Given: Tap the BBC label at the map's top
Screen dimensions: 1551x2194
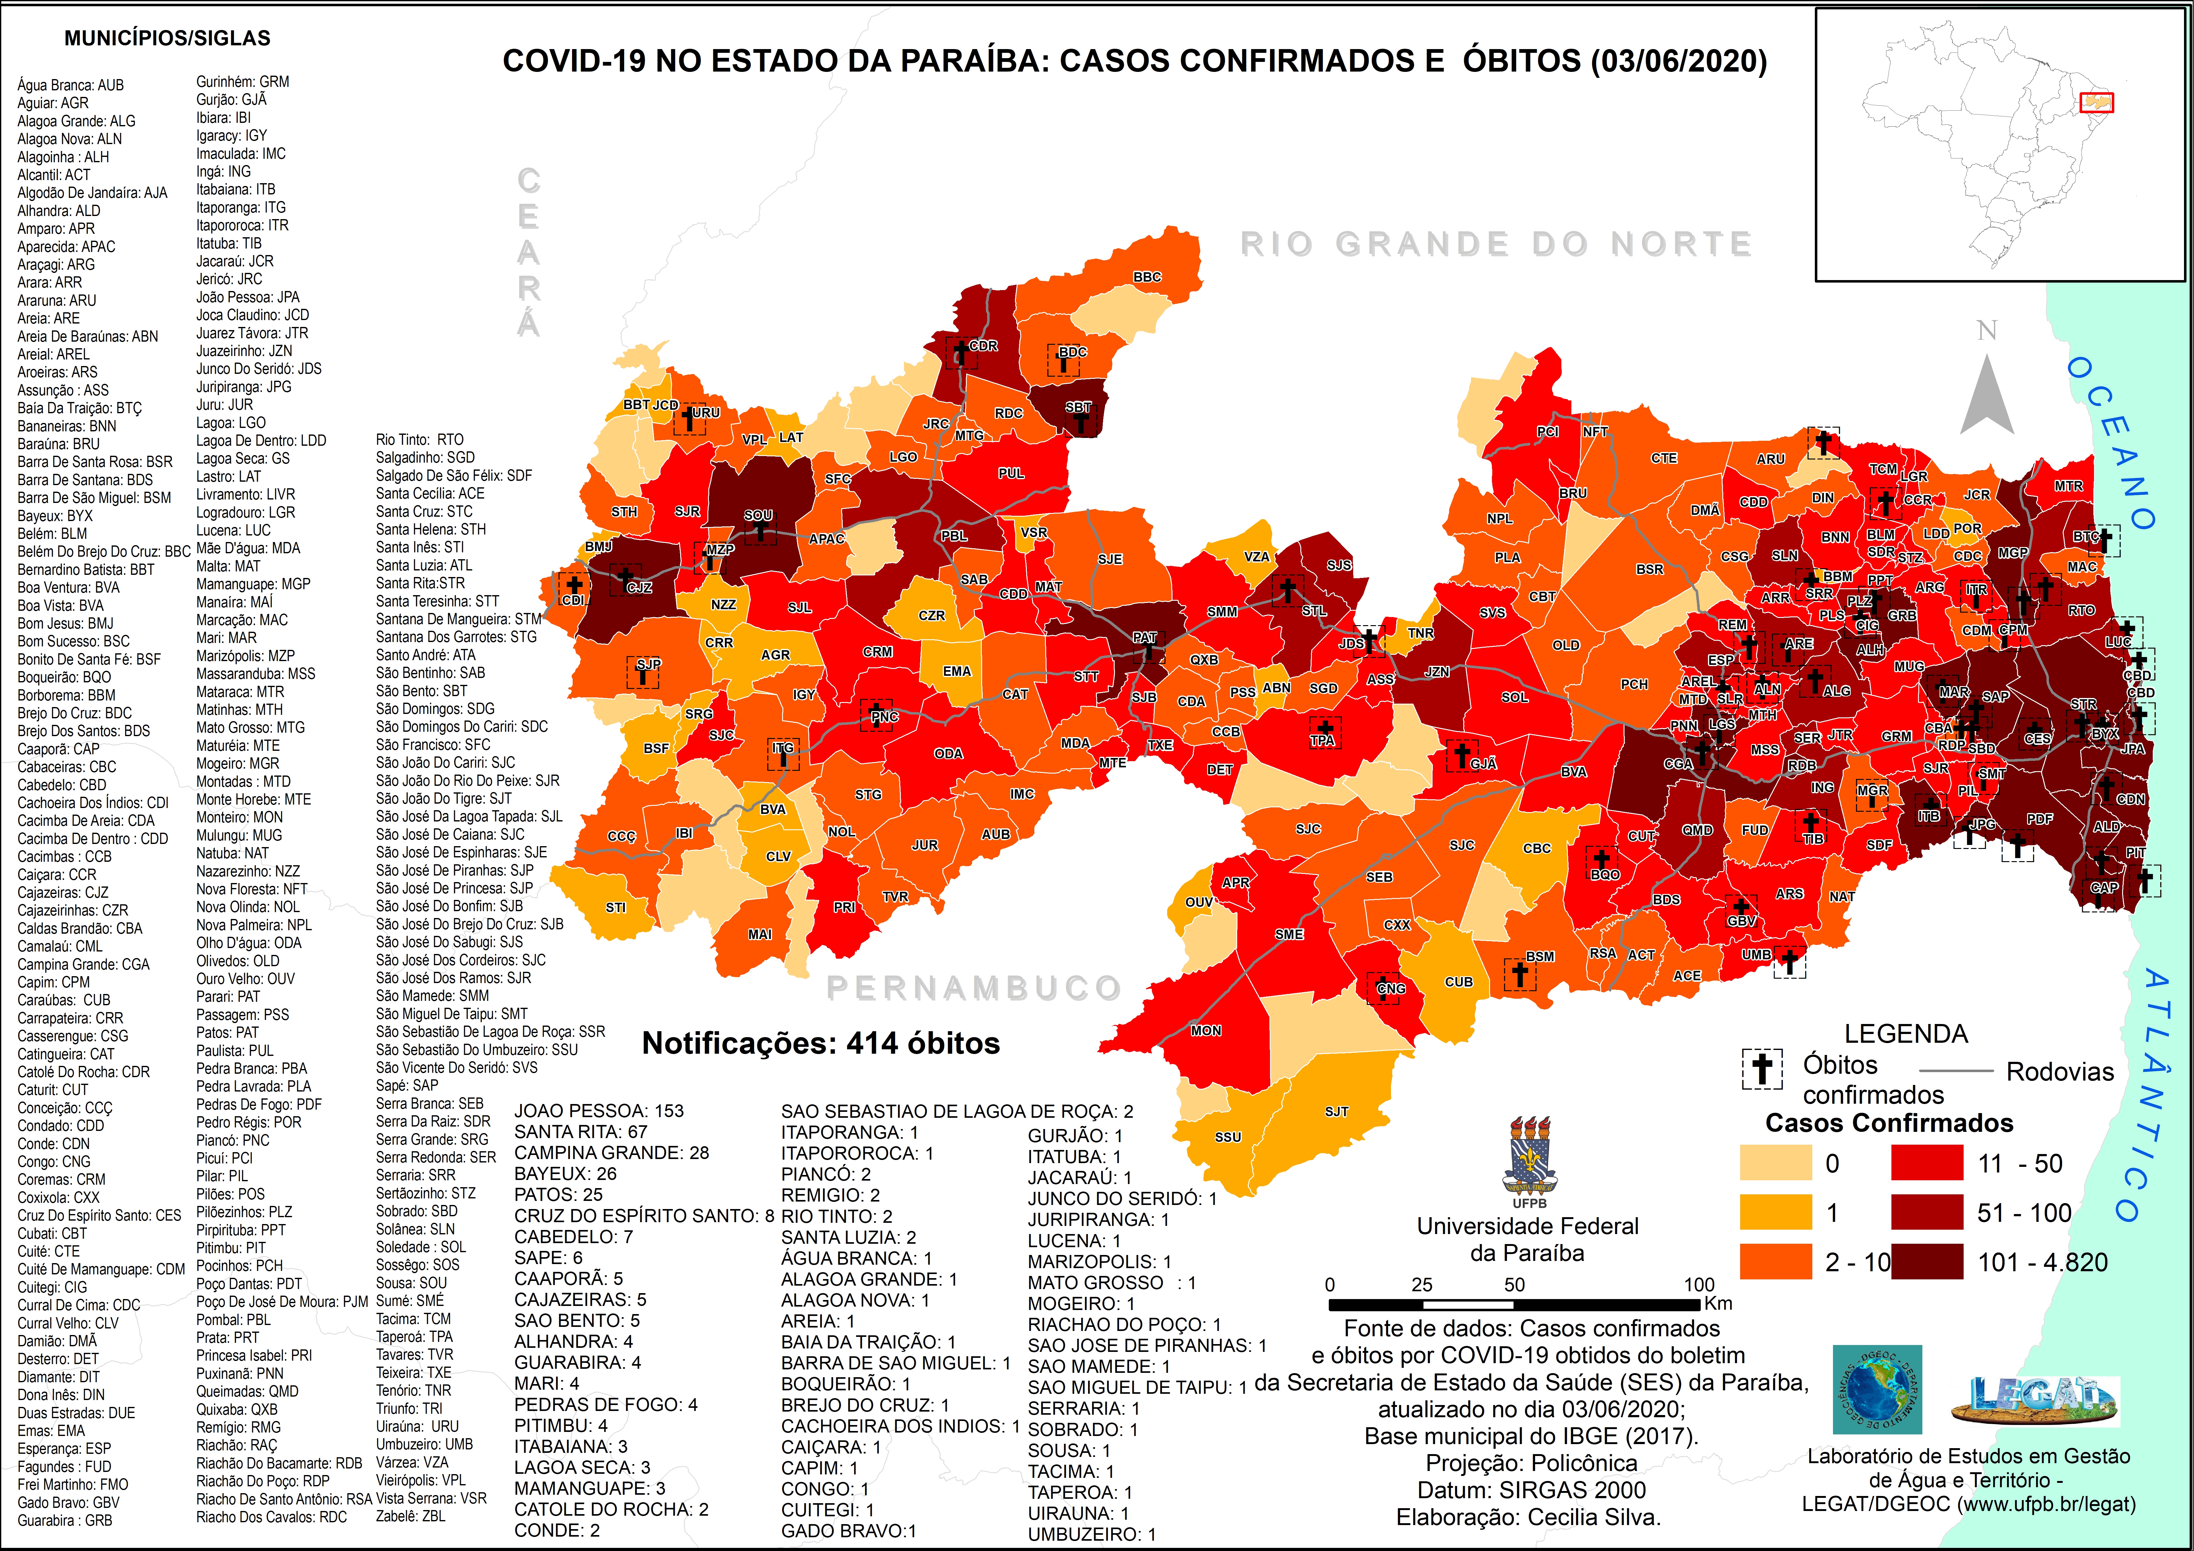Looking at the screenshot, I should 1147,277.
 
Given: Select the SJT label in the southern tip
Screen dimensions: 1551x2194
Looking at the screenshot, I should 1336,1112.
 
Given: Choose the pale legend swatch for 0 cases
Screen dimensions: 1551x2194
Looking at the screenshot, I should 1775,1163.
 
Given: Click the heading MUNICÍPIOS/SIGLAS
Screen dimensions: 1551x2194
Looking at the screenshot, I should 167,38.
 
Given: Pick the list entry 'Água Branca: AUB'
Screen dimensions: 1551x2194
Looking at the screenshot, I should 71,85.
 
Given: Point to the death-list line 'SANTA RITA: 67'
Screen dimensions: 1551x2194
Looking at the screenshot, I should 581,1132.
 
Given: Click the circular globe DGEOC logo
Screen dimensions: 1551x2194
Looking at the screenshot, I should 1877,1390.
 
